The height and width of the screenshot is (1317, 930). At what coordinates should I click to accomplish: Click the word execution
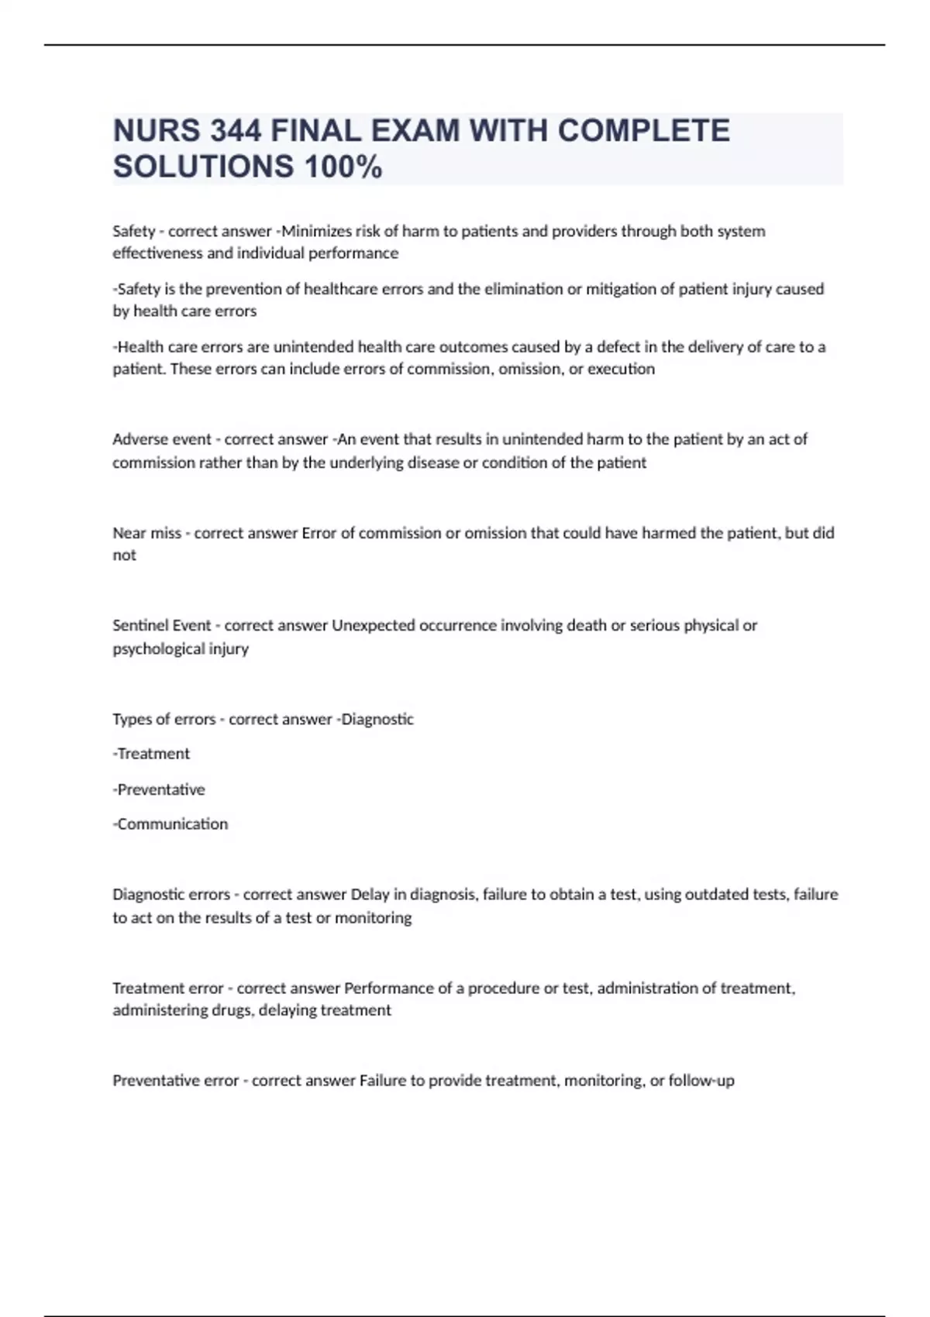click(621, 369)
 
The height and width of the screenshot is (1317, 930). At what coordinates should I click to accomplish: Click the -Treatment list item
click(151, 754)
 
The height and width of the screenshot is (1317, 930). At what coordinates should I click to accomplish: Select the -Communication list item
click(170, 824)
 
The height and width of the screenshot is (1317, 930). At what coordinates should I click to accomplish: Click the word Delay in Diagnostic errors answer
click(370, 894)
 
